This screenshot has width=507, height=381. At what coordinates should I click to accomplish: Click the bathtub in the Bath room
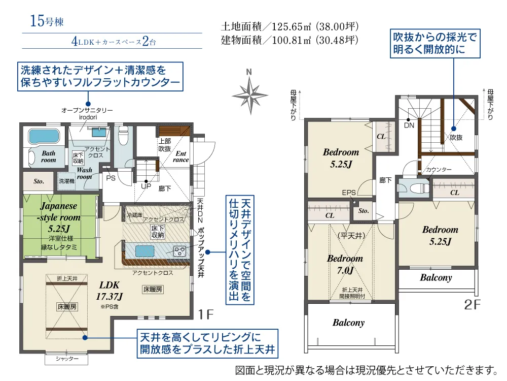[44, 136]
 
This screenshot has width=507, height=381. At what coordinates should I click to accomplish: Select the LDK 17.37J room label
[110, 291]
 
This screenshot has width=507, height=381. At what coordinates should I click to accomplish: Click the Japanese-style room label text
[58, 217]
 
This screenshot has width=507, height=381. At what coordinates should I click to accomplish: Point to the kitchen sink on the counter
[144, 251]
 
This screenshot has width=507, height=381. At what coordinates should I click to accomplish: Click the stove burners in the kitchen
[179, 251]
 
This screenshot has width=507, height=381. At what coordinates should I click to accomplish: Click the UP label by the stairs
[146, 186]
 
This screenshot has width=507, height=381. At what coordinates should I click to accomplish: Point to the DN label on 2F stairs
[409, 125]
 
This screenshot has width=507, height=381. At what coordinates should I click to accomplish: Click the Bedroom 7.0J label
[345, 264]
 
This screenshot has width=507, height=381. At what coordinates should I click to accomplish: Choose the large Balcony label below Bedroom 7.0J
[349, 323]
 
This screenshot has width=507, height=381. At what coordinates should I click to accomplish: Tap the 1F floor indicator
[206, 314]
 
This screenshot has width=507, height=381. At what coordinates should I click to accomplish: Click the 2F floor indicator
[472, 304]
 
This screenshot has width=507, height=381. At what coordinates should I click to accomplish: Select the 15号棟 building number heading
[47, 21]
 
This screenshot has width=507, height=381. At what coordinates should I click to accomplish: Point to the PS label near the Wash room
[111, 178]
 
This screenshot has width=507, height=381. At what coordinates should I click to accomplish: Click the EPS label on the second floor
[349, 193]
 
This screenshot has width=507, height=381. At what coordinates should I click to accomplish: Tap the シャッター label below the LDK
[67, 358]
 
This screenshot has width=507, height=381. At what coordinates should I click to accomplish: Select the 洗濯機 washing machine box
[66, 181]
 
